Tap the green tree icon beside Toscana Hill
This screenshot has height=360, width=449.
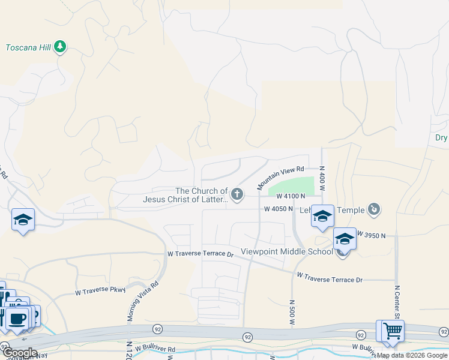[59, 46]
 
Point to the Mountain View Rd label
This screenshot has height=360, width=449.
[282, 178]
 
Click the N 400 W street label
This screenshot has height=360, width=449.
[322, 179]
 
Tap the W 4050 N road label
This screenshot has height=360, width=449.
[279, 209]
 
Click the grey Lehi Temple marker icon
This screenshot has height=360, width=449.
[375, 209]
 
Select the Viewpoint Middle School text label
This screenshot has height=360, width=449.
[286, 251]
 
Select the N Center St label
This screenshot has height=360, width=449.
[397, 302]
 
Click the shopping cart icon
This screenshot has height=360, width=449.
[393, 329]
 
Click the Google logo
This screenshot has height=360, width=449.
[20, 353]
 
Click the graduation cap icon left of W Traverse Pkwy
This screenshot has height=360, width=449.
[23, 220]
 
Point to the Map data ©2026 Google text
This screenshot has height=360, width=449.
[412, 355]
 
